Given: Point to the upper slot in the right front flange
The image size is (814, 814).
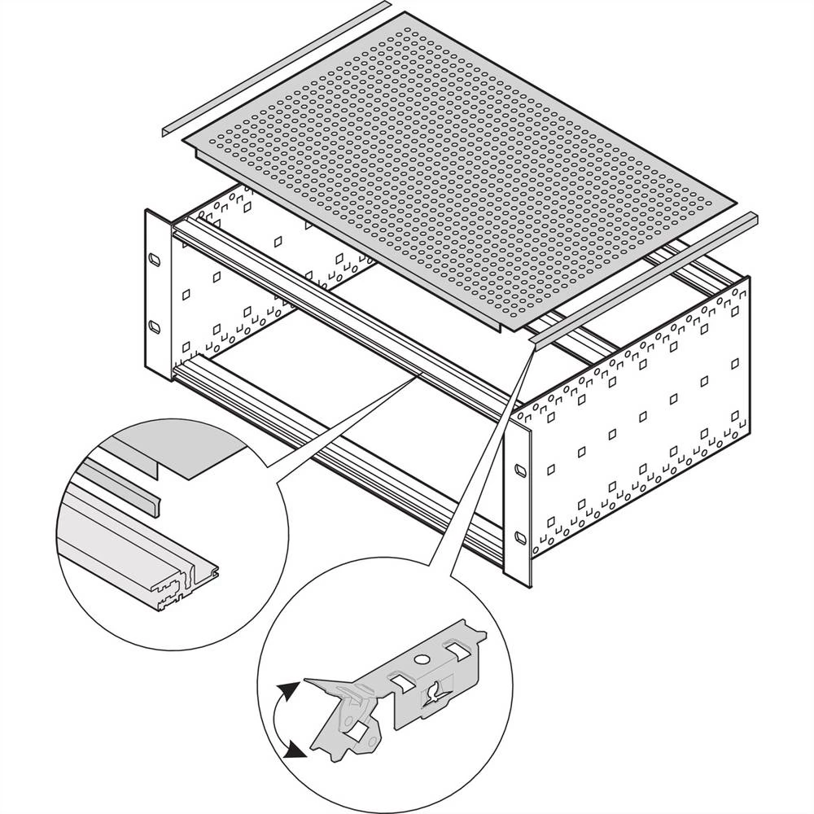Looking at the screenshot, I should tap(519, 470).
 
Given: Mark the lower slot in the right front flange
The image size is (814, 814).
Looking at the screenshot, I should tap(519, 536).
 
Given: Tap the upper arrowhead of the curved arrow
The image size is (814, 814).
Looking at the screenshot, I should tap(285, 690).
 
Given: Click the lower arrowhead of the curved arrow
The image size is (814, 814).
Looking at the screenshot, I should tap(298, 753).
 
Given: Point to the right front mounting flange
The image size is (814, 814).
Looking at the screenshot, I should tap(518, 505).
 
